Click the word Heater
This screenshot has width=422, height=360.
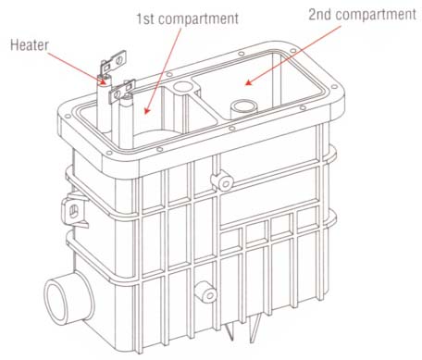point(30,45)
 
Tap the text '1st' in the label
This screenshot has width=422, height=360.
point(145,19)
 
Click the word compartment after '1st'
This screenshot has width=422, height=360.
point(198,19)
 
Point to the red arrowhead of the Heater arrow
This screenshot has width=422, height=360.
point(104,82)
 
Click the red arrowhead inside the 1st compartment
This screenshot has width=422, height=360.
point(146,110)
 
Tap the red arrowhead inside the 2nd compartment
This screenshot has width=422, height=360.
point(248,82)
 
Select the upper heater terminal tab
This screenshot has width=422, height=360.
point(114,62)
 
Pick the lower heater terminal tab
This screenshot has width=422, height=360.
point(122,92)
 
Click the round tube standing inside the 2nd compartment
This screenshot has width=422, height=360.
point(243,108)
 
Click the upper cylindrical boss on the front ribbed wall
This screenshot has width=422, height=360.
point(222,181)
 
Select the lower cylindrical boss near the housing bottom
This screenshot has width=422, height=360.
point(206,292)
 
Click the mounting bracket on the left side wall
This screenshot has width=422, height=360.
point(75,210)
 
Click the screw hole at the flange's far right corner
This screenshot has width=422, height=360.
point(333,87)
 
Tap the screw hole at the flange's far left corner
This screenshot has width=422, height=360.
point(67,116)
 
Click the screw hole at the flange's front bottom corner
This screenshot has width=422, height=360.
point(108,154)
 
